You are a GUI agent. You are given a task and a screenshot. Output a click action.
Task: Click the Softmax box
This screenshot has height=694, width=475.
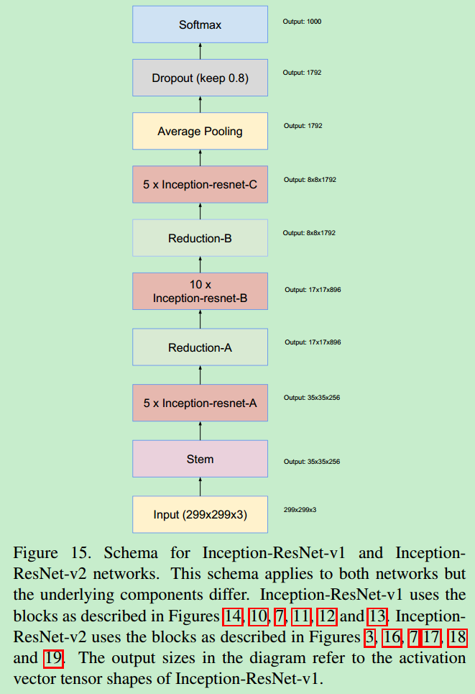pyautogui.click(x=200, y=24)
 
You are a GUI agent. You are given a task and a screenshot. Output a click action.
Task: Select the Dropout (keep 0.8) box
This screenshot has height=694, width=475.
pyautogui.click(x=200, y=78)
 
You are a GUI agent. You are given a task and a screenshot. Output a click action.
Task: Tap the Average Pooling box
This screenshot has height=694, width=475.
pyautogui.click(x=200, y=131)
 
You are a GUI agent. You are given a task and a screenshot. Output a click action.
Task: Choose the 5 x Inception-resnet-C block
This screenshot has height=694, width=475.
pyautogui.click(x=200, y=184)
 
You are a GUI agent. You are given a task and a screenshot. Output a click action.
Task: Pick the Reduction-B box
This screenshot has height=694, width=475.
pyautogui.click(x=200, y=238)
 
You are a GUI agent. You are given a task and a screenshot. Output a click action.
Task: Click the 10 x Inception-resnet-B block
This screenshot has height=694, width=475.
pyautogui.click(x=200, y=291)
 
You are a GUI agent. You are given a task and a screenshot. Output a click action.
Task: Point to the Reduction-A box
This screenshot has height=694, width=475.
pyautogui.click(x=200, y=347)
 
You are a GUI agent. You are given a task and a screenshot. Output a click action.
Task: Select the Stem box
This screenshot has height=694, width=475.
pyautogui.click(x=200, y=459)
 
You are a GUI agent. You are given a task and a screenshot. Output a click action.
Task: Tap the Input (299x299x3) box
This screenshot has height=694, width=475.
pyautogui.click(x=200, y=514)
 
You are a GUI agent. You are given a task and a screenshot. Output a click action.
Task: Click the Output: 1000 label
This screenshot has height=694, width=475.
pyautogui.click(x=302, y=22)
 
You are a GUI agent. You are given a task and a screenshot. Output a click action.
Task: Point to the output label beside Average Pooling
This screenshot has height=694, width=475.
pyautogui.click(x=303, y=126)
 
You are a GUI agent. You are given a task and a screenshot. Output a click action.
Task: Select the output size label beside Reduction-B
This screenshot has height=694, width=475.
pyautogui.click(x=309, y=233)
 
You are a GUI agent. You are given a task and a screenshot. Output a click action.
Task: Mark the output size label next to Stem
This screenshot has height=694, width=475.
pyautogui.click(x=311, y=462)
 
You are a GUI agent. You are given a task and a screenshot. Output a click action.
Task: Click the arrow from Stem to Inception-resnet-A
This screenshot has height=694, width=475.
pyautogui.click(x=200, y=430)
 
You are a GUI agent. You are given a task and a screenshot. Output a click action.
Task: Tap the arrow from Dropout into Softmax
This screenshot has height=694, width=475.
pyautogui.click(x=200, y=50)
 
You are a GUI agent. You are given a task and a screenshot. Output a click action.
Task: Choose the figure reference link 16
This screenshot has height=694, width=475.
pyautogui.click(x=391, y=637)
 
